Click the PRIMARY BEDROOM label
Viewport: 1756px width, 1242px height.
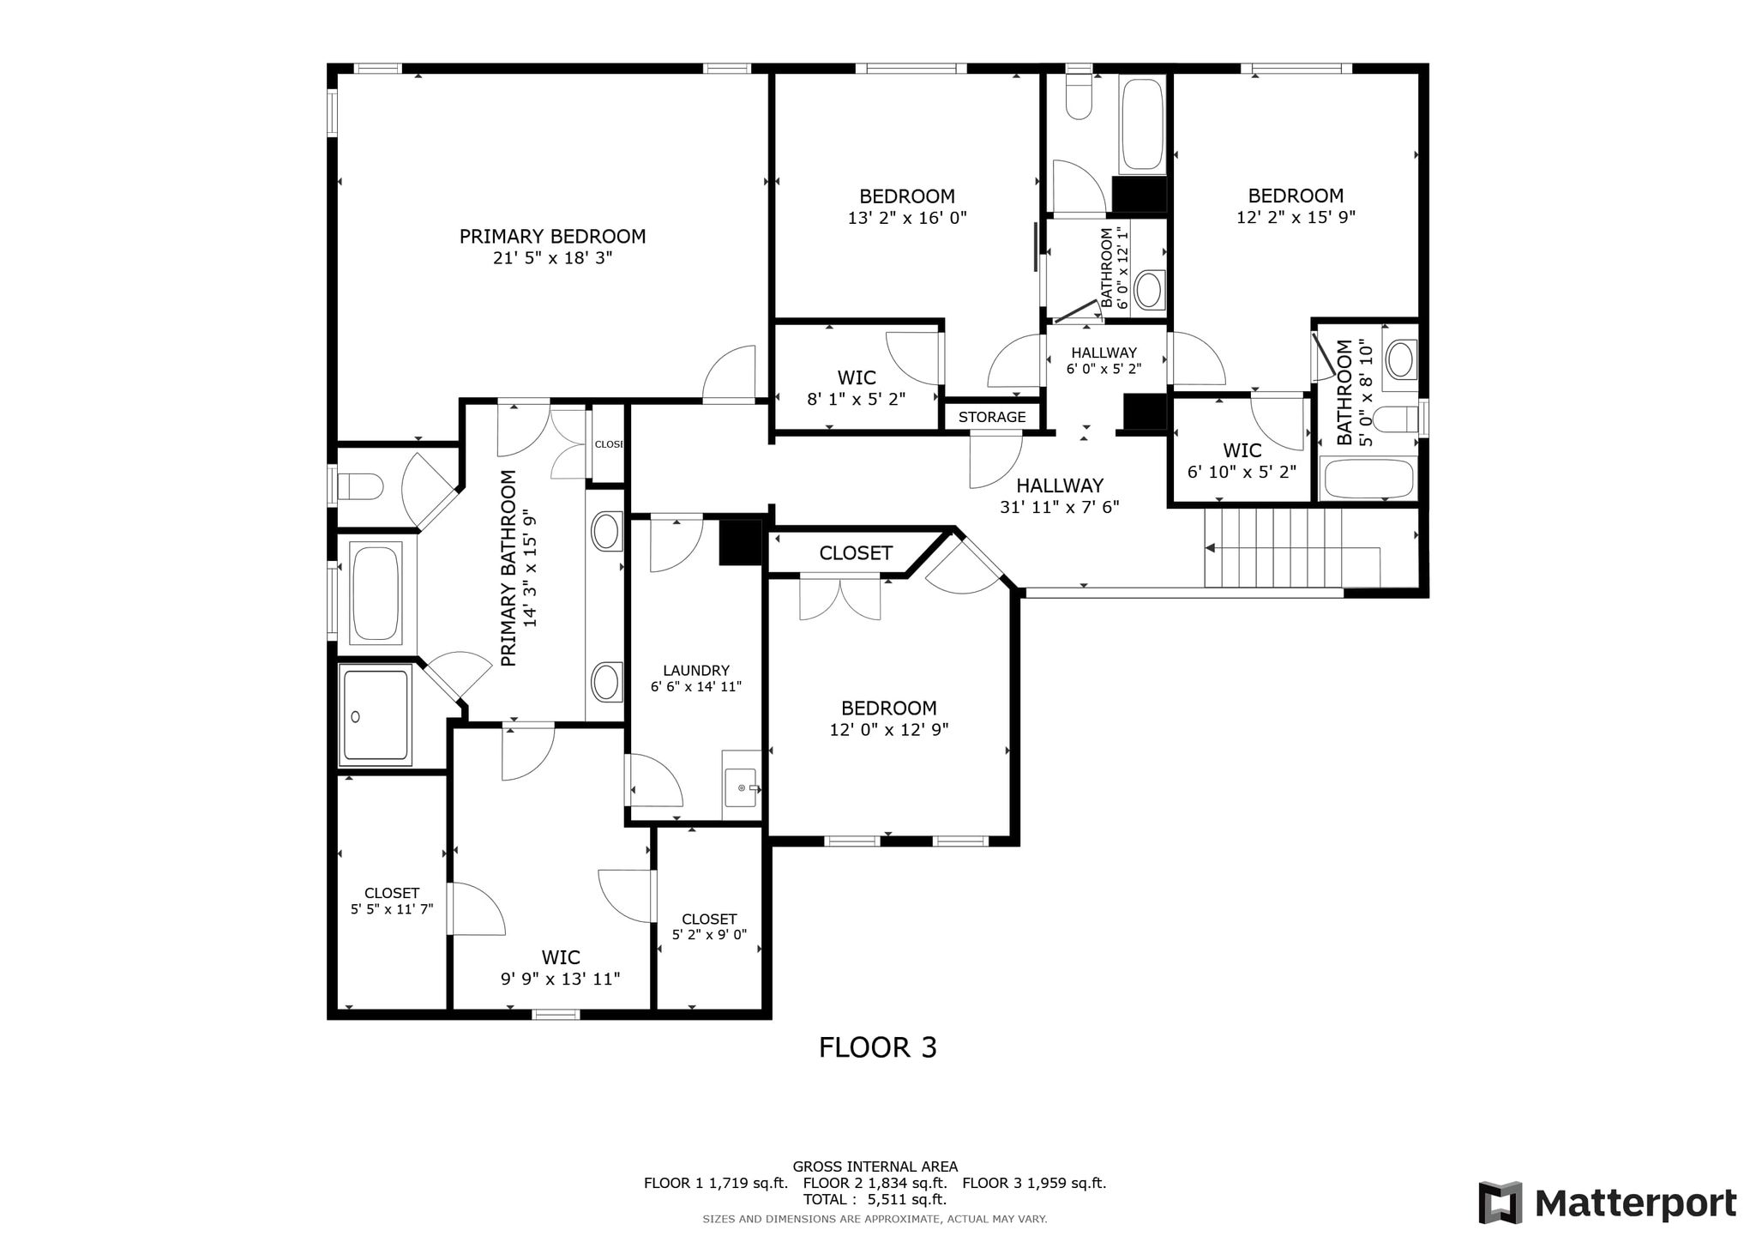[552, 237]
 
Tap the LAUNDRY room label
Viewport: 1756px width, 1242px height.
[696, 671]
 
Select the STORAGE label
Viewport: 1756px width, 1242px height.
[992, 417]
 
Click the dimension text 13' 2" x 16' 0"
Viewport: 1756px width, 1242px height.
[907, 218]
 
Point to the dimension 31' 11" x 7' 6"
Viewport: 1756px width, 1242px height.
[1060, 507]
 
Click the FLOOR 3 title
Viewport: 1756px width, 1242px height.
[878, 1047]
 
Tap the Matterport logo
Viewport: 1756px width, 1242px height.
[1608, 1203]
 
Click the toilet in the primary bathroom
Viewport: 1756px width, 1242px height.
[360, 487]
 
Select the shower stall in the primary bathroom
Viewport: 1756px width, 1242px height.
[376, 715]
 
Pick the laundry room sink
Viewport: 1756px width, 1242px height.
[742, 787]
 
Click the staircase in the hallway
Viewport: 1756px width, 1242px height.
[1292, 547]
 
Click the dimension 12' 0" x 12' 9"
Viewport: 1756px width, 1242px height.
[889, 730]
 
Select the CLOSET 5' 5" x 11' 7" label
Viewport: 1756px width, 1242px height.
[392, 901]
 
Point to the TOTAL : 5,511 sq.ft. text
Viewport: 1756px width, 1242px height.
[875, 1199]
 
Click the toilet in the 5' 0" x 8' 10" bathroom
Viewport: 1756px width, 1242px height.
[1395, 419]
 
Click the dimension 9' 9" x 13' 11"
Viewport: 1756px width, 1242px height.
[561, 979]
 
